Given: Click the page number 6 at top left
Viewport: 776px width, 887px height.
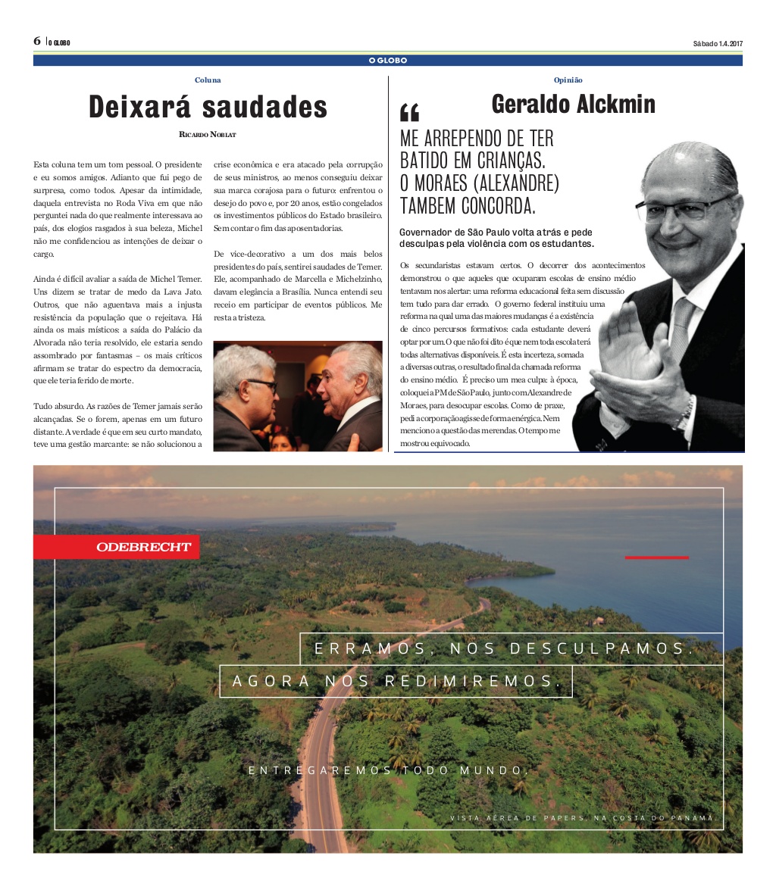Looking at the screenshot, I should [x=37, y=41].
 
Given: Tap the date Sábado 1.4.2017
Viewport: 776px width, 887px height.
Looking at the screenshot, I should [x=717, y=43].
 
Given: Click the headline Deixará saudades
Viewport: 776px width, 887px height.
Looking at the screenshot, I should [x=208, y=107].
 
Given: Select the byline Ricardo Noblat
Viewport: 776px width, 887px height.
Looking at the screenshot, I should [x=208, y=135].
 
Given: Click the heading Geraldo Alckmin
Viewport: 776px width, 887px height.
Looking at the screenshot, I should [x=573, y=104].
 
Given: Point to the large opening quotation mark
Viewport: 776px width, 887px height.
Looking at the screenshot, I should [x=409, y=113].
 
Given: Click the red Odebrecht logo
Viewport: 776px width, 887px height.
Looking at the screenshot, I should [x=142, y=547].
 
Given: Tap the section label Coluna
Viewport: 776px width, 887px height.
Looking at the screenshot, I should [x=208, y=80].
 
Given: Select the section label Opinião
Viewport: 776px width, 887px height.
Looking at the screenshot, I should [x=568, y=80].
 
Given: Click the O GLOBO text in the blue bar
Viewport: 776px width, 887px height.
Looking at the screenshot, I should [x=388, y=61].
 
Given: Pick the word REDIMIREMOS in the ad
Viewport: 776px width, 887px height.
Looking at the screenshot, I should [x=477, y=681].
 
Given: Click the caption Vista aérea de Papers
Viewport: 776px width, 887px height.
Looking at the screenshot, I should [x=582, y=818].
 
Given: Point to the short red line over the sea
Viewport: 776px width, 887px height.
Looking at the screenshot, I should [x=656, y=557].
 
